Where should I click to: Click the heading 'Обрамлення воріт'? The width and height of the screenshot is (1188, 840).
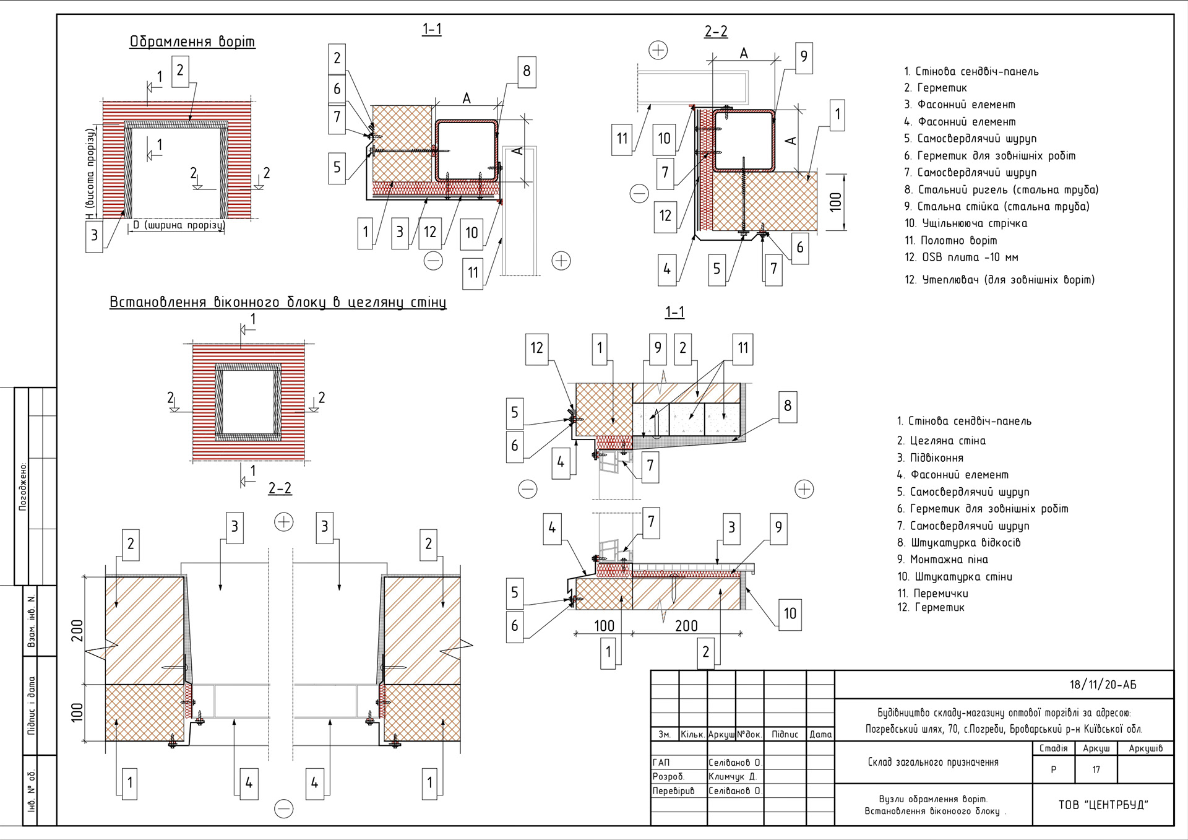tap(192, 41)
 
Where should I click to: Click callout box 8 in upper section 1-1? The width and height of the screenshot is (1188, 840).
tap(527, 72)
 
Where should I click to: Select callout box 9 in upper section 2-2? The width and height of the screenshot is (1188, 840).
tap(803, 58)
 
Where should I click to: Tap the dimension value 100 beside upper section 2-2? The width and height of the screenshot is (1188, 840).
tap(835, 202)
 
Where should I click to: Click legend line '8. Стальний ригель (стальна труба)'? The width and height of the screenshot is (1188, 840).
tap(1001, 189)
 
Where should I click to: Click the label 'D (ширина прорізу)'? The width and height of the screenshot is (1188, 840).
tap(178, 225)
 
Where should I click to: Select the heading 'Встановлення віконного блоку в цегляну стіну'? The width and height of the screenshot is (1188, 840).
tap(278, 302)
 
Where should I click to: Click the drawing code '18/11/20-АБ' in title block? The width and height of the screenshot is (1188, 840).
tap(1103, 685)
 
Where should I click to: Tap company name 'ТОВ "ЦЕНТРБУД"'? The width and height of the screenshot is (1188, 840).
tap(1103, 805)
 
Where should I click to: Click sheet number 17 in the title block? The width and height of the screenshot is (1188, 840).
tap(1096, 769)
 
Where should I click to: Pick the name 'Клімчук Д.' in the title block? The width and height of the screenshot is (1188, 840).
tap(733, 776)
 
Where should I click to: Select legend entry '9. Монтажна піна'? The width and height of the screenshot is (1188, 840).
tap(942, 559)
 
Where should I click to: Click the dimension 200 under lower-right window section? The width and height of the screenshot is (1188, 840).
tap(686, 626)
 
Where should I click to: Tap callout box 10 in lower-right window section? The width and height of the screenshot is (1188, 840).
tap(790, 614)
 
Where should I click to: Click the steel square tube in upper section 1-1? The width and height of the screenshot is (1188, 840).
tap(467, 150)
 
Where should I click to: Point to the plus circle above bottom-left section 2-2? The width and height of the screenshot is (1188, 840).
tap(283, 522)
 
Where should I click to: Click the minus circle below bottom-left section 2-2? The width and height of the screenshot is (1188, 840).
tap(283, 809)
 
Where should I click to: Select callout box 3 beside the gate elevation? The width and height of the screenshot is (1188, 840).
tap(94, 236)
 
